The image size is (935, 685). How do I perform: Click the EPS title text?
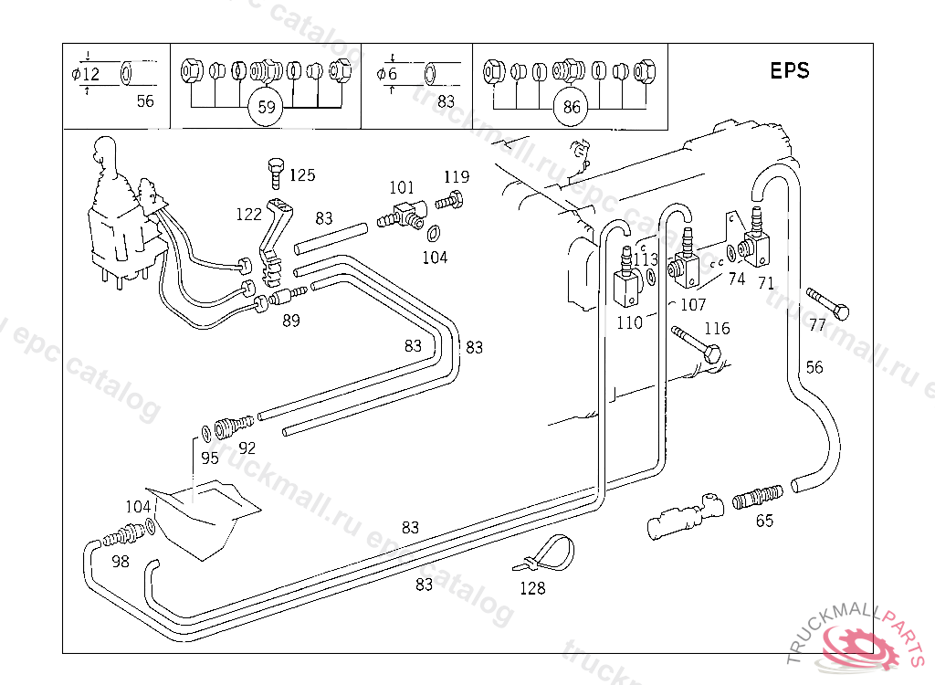[x=789, y=70]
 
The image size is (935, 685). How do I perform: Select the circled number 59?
[x=267, y=107]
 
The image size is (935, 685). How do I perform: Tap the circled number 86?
[x=572, y=107]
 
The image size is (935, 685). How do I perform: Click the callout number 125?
[x=302, y=174]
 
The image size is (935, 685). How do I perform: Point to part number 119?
[x=457, y=176]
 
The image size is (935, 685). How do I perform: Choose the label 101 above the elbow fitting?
[x=402, y=188]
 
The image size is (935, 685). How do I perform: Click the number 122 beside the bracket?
[x=248, y=215]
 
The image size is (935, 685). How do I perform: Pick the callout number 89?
[x=290, y=320]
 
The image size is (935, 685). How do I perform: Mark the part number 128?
[x=532, y=588]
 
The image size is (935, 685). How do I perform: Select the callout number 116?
[x=717, y=328]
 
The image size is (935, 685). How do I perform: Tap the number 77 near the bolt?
[x=817, y=324]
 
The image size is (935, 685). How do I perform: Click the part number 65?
[x=764, y=521]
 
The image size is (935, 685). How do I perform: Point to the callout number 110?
[x=629, y=322]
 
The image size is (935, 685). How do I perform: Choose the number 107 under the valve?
[x=694, y=304]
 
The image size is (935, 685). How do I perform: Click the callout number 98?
[x=121, y=561]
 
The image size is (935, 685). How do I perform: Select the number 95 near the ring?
[x=210, y=458]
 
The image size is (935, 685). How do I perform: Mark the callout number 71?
[x=765, y=281]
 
